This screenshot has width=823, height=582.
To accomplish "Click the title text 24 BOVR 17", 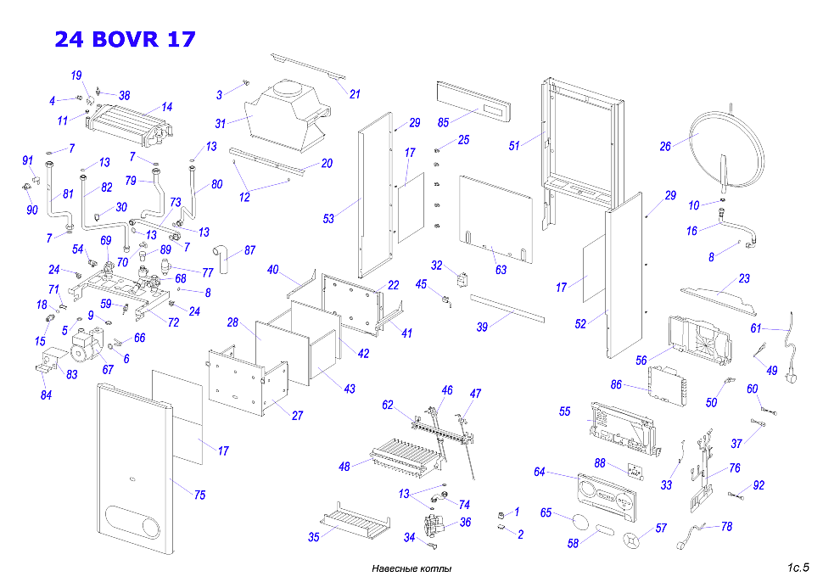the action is tap(125, 39).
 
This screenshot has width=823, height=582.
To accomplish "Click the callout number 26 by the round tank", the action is tap(665, 147).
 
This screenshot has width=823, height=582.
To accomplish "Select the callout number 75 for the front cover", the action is tap(199, 495).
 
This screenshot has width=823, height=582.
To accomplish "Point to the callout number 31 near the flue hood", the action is tap(221, 124).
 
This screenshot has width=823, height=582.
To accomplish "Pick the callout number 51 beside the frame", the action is tap(514, 146).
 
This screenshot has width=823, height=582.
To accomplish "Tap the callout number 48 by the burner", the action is tap(344, 467).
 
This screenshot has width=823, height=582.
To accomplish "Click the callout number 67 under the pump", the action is tap(108, 369).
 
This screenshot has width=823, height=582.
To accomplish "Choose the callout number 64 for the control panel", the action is tap(540, 472).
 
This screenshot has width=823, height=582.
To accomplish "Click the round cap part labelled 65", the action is tap(580, 522).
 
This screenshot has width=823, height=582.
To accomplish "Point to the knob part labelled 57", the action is tap(632, 540).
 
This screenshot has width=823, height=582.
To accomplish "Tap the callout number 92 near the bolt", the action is tap(759, 485).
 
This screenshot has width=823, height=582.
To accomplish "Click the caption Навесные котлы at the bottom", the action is tap(411, 568).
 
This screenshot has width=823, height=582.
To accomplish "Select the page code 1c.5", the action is tap(798, 568).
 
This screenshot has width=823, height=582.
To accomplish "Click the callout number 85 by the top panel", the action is tap(444, 122).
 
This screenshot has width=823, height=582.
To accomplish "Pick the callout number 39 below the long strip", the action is tap(482, 327).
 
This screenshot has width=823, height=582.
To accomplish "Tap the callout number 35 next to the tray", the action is tap(313, 537).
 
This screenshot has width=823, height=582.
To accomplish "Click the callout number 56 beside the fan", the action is tap(641, 361).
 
